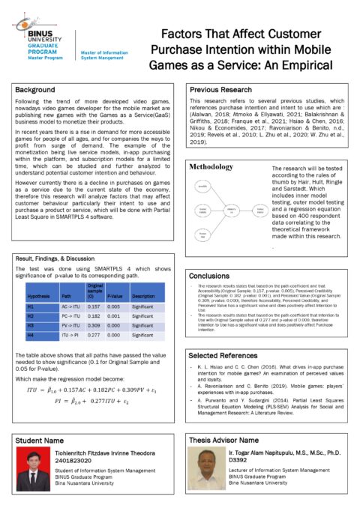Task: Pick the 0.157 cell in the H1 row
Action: (x=94, y=306)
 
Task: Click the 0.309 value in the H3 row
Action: (x=94, y=326)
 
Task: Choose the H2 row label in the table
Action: (x=31, y=316)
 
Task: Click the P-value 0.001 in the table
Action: (x=113, y=316)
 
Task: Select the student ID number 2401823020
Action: (x=74, y=462)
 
